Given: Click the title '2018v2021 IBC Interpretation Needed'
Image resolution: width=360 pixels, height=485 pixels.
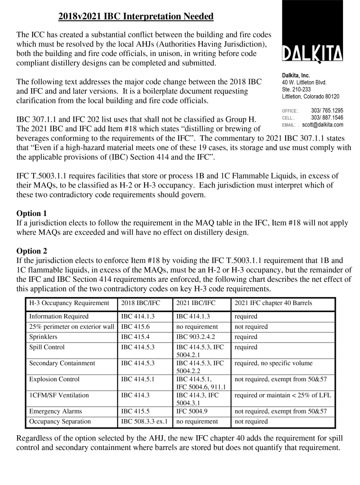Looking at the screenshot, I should click(136, 17).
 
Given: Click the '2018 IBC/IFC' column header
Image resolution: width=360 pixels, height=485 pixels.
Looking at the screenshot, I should click(141, 303).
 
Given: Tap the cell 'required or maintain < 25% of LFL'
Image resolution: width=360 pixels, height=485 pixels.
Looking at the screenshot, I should click(283, 395).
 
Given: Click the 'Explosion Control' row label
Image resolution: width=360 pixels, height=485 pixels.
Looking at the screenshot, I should click(54, 379).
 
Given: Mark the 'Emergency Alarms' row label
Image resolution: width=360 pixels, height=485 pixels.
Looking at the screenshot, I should click(55, 411).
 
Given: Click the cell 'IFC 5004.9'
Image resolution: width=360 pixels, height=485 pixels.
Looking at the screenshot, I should click(192, 411).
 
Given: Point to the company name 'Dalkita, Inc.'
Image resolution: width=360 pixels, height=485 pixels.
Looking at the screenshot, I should click(296, 75).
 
